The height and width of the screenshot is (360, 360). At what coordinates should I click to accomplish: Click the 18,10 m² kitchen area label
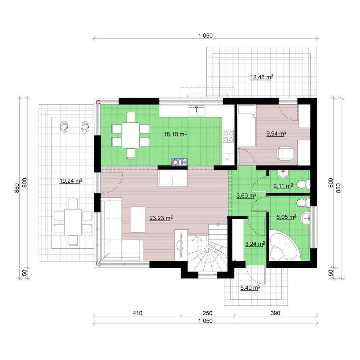175,134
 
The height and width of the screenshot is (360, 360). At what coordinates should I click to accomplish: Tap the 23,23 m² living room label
161,218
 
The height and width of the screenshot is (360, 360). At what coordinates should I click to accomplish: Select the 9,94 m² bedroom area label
276,133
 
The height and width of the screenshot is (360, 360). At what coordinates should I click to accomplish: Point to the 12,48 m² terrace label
261,77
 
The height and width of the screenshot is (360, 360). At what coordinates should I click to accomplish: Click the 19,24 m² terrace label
71,181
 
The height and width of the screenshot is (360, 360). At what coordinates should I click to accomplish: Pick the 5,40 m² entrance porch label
250,287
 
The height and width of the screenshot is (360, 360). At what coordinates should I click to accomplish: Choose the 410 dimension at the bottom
137,313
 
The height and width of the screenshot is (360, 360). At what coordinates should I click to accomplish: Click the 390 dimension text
275,313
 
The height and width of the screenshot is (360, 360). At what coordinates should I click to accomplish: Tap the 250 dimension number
207,313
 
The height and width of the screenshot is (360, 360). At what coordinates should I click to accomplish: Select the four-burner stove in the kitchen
228,136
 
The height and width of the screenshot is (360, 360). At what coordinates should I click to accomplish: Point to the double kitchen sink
197,111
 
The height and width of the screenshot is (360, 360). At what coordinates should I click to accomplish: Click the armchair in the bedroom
285,153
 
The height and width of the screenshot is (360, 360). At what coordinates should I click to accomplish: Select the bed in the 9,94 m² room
246,126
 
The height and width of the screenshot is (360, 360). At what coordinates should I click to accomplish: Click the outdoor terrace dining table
73,222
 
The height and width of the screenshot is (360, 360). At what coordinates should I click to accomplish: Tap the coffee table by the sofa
138,219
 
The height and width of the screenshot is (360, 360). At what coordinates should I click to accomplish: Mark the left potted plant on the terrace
64,126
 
